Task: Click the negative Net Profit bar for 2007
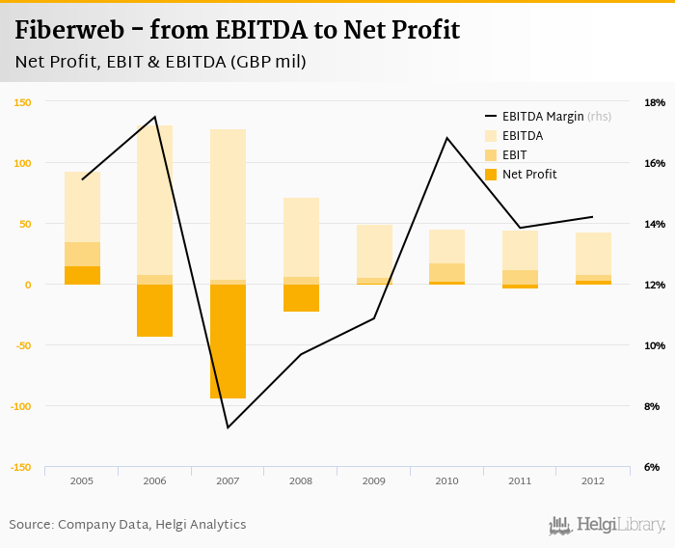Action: tap(228, 342)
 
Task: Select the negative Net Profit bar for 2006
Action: tap(154, 311)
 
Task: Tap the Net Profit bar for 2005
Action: tap(82, 275)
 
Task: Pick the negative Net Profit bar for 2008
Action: tap(301, 298)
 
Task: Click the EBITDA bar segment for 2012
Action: tap(593, 254)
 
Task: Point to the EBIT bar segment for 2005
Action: tap(82, 254)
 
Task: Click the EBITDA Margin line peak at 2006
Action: tap(155, 117)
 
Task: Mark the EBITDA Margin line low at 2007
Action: tap(228, 427)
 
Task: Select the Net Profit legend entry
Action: tap(520, 175)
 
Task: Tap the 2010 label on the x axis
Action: tap(446, 479)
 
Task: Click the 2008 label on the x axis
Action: tap(301, 479)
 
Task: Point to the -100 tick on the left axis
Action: tap(19, 406)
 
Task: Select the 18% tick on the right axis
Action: tap(654, 102)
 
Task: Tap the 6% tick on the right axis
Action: tap(652, 467)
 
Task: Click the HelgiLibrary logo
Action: tap(607, 525)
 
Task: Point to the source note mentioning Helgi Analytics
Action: tap(127, 525)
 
